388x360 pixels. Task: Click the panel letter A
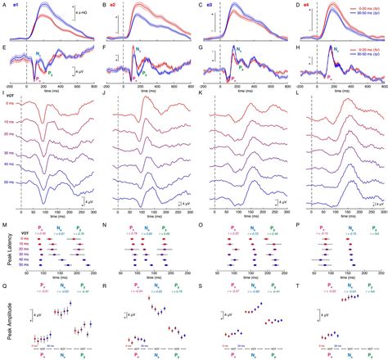pyautogui.click(x=4, y=5)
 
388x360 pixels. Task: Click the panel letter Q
pyautogui.click(x=4, y=287)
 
